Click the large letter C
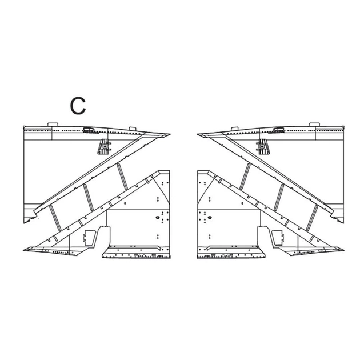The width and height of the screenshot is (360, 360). pos(78,106)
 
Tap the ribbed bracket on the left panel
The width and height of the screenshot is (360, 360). pos(104,146)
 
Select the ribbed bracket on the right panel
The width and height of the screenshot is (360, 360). pos(263,146)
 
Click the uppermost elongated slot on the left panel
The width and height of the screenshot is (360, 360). pos(122,176)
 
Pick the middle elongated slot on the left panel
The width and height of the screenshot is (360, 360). pos(89,197)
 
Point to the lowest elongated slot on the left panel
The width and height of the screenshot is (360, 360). pos(55,218)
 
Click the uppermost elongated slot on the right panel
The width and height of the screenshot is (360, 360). pos(245,176)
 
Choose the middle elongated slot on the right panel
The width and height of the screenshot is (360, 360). pos(279,197)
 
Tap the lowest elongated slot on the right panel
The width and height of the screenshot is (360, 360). pos(312,218)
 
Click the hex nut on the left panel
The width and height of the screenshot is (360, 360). pos(158,217)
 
